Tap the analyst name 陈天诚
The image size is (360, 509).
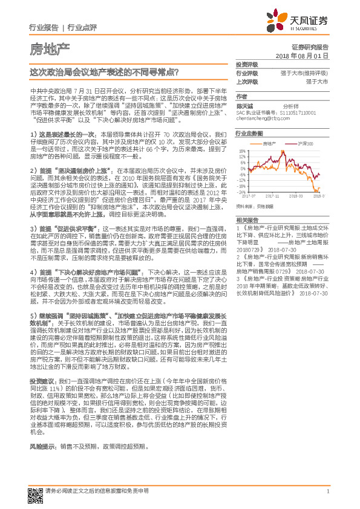click(x=245, y=105)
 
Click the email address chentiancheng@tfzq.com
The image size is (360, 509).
click(x=264, y=117)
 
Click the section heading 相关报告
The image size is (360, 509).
click(x=246, y=219)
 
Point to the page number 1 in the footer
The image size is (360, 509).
click(x=327, y=491)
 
